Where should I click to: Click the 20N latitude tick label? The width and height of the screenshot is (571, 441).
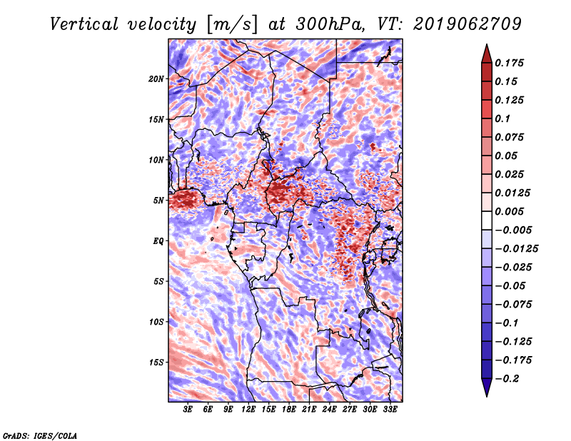[x=156, y=79]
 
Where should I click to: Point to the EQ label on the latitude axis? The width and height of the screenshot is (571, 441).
[x=158, y=241]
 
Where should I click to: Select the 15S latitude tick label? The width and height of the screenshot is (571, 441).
[x=156, y=363]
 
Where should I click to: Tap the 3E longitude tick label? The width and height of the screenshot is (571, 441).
[x=188, y=410]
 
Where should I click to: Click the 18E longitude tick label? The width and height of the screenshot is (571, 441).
[x=289, y=410]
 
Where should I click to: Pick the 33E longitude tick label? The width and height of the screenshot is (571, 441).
[x=390, y=410]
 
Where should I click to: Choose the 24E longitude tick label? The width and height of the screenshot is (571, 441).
[x=329, y=410]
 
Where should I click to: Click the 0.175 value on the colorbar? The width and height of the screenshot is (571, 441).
[x=509, y=63]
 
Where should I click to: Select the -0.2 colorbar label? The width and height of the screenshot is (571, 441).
[x=507, y=379]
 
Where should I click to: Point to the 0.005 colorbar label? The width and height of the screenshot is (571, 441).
[x=509, y=211]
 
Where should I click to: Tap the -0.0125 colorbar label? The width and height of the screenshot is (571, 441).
[x=516, y=249]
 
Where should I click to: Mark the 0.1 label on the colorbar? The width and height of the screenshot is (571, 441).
[x=502, y=118]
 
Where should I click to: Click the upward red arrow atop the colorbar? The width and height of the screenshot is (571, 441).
[x=487, y=54]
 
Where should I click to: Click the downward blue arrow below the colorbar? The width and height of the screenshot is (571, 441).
[x=487, y=387]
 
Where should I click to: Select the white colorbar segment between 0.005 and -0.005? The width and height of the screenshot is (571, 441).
[x=487, y=220]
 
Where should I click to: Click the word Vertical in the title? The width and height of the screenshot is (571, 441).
[x=84, y=24]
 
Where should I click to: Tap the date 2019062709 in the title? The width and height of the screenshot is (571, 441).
[x=468, y=24]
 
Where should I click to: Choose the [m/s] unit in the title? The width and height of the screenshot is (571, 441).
[x=231, y=25]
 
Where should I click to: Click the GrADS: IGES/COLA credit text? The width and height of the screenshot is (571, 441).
[x=40, y=435]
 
